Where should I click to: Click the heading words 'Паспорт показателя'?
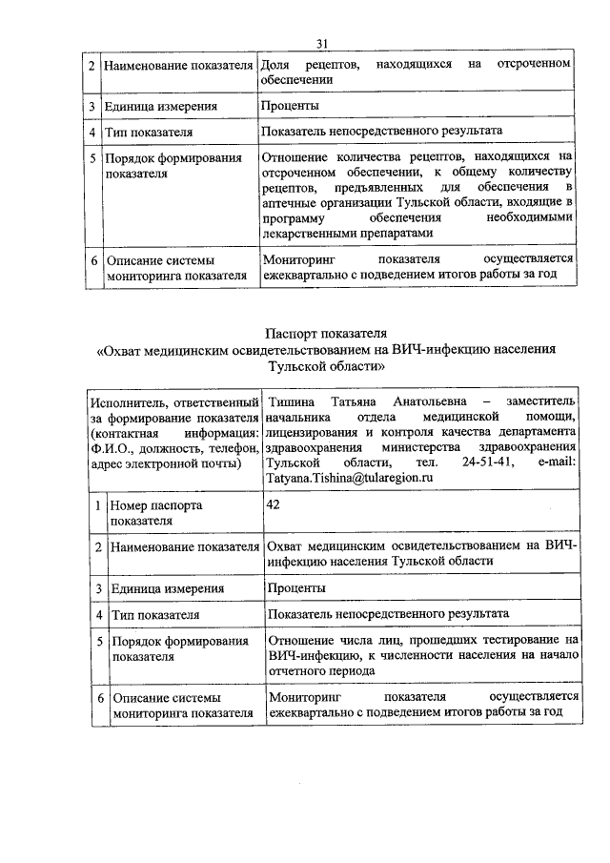pos(327,333)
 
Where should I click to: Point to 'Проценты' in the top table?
pos(290,106)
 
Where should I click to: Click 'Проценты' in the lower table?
pos(296,588)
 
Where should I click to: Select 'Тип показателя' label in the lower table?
pos(154,614)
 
